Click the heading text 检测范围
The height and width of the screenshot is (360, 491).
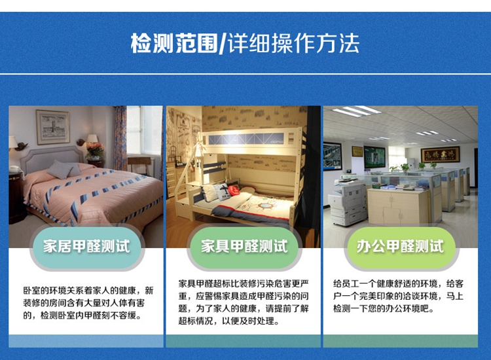174,43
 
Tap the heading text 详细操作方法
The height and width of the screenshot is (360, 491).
293,43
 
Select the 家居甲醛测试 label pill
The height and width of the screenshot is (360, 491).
86,246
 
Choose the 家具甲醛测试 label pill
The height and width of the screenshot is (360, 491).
244,246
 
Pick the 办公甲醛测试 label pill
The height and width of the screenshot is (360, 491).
401,246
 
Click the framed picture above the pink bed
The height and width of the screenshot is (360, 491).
52,127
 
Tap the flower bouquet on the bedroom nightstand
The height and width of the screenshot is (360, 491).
94,150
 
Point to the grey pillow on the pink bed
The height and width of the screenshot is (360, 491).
64,170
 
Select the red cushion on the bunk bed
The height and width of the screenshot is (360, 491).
233,190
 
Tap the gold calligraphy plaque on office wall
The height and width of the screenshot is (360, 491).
441,154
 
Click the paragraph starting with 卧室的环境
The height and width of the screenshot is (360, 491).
88,302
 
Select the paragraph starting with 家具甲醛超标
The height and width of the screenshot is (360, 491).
244,302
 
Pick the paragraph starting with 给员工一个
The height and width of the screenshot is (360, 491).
398,296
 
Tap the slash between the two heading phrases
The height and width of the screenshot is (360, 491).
223,43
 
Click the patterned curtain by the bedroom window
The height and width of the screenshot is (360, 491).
120,137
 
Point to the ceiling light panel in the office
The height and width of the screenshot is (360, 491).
356,111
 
